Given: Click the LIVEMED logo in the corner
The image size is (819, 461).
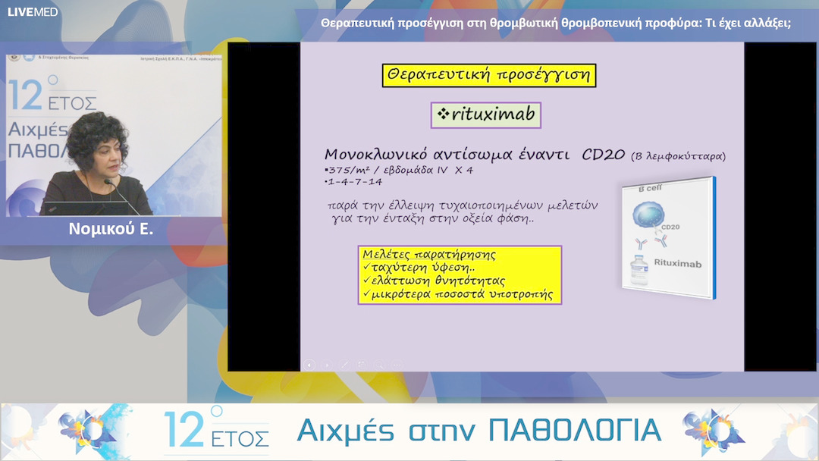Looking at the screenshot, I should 33,11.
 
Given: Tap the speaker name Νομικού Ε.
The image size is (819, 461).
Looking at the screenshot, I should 111,228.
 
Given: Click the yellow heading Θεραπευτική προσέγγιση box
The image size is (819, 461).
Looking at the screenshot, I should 489,75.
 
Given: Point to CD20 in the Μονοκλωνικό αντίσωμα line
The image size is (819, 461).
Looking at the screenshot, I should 604,155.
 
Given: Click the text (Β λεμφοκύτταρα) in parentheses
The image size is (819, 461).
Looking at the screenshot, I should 678,156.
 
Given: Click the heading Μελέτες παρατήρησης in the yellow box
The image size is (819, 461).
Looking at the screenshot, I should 429,254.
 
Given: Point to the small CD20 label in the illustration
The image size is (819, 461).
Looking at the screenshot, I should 670,227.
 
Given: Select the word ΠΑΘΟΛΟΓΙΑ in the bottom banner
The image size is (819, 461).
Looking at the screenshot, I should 575,430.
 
